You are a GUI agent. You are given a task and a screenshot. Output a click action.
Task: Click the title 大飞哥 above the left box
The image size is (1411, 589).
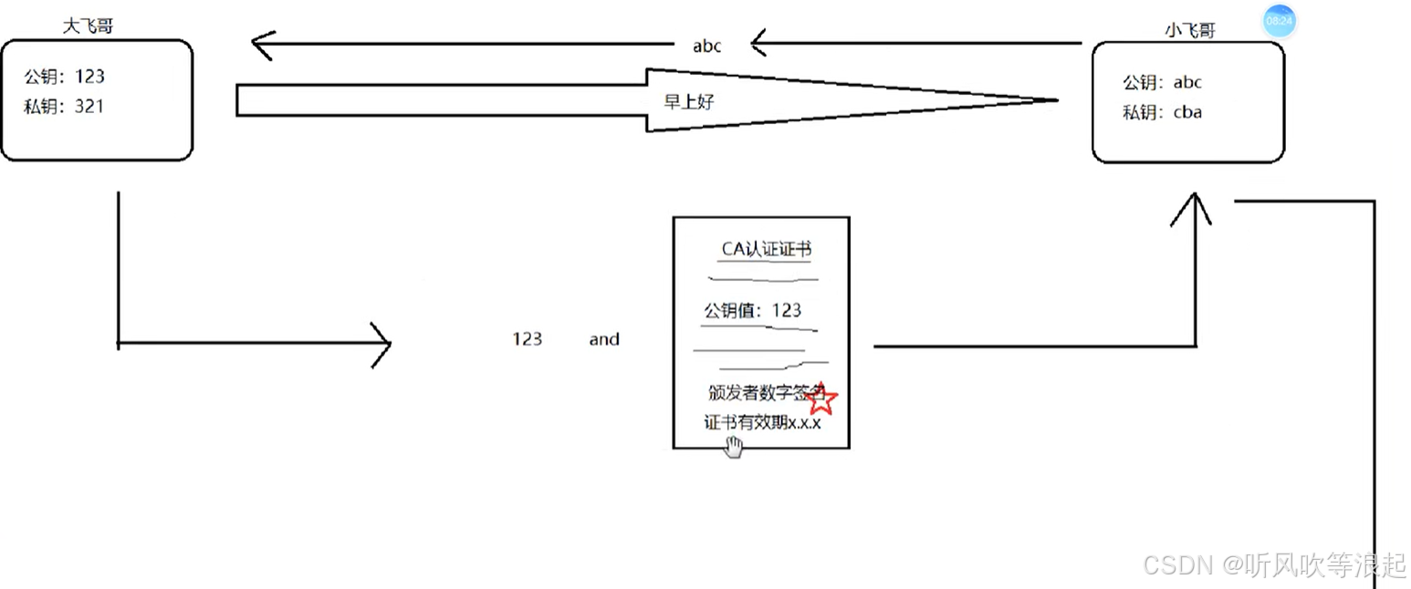coord(88,27)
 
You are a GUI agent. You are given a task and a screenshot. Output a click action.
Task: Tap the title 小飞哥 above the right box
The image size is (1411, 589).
coord(1190,30)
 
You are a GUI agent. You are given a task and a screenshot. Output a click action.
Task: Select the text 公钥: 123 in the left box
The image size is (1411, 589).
coord(66,77)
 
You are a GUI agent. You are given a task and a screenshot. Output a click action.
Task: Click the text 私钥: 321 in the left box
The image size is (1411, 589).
coord(64,107)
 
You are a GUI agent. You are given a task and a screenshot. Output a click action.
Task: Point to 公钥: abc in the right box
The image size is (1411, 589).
coord(1162,82)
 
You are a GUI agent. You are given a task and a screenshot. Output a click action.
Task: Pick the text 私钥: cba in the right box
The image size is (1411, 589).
coord(1162,112)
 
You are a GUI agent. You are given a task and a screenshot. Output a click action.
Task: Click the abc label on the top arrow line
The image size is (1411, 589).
coord(707,46)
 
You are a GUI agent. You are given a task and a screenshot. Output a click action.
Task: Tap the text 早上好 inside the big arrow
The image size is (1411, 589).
coord(689,102)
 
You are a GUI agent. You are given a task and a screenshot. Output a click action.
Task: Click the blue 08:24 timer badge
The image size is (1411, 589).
coord(1279,21)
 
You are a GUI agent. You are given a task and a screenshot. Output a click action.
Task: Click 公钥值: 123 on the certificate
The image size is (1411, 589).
coord(752,310)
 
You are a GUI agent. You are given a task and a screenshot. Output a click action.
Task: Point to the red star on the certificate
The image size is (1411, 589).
coord(821,398)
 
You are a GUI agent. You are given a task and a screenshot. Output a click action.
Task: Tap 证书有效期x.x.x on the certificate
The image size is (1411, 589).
coord(762,422)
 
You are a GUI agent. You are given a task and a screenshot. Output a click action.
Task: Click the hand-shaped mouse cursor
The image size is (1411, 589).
coord(734,446)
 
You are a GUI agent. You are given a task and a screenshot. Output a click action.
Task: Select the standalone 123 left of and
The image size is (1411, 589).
coord(527,339)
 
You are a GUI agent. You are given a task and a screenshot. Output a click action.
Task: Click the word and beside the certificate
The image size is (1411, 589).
coord(604,339)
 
